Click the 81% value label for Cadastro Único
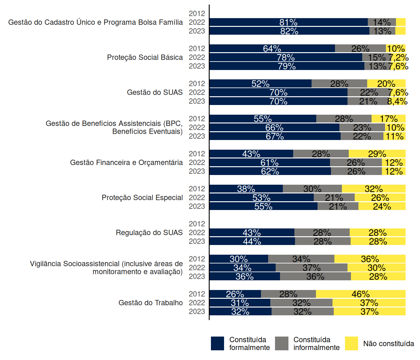(288, 22)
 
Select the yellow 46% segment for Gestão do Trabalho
(361, 294)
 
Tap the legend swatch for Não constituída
(351, 343)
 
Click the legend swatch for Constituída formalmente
(217, 343)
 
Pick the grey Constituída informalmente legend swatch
(282, 343)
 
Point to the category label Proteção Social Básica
(145, 57)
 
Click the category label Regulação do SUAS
(149, 233)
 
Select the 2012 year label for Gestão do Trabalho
(197, 294)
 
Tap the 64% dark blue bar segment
(272, 49)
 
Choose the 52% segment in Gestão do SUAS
(260, 84)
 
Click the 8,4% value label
(397, 101)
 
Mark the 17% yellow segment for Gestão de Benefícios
(388, 119)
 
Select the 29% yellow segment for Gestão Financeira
(377, 154)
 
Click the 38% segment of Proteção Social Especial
(246, 189)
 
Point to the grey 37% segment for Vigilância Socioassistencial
(311, 268)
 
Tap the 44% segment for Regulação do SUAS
(252, 241)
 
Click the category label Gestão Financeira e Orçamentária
(126, 162)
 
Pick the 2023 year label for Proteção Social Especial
(197, 207)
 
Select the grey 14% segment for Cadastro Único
(382, 22)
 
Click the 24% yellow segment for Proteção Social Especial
(382, 207)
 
